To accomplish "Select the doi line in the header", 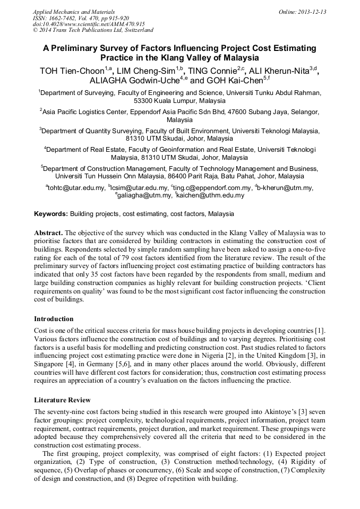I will point(88,24).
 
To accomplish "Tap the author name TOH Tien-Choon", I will point(72,71).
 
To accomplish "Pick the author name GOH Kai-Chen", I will point(236,81).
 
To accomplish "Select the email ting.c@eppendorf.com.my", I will point(212,188).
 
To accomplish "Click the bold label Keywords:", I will point(51,214).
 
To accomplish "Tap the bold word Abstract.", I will point(48,233).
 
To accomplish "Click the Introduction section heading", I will point(54,319).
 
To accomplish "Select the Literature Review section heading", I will point(62,400).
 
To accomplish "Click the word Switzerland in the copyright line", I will point(135,30).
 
